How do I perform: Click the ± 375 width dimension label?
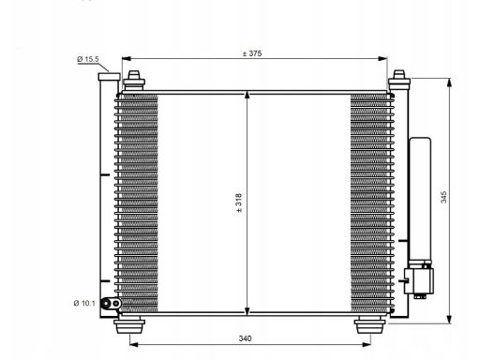(252, 53)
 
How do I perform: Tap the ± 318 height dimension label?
(239, 202)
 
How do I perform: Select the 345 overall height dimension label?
(443, 197)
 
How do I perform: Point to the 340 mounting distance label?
(245, 338)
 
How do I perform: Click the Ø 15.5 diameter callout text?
(88, 59)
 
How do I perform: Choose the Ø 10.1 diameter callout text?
(84, 303)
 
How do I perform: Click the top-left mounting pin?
(134, 81)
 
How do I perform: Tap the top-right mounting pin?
(399, 81)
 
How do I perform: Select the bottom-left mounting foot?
(129, 325)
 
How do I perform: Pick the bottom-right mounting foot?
(370, 325)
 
